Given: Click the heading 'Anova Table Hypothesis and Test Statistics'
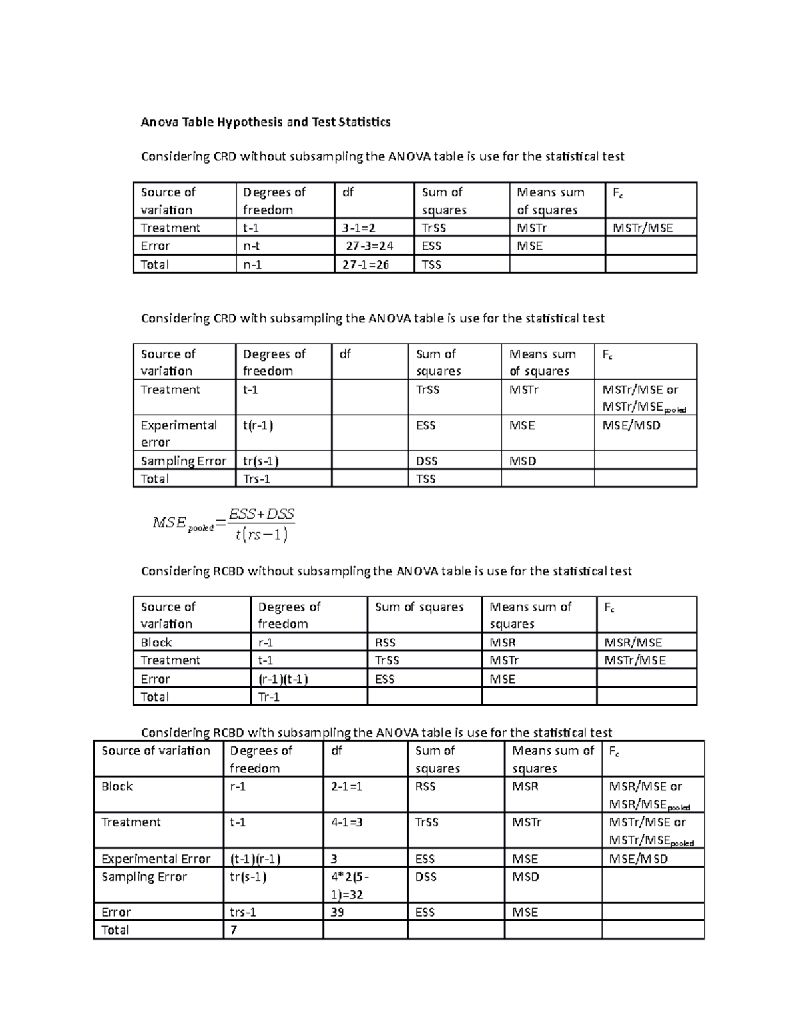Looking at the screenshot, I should click(x=265, y=122).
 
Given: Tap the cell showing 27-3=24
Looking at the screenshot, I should click(x=369, y=246).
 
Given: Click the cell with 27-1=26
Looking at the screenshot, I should click(x=366, y=264).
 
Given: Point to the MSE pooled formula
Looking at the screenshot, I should click(x=224, y=524).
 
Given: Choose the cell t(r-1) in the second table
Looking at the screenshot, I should click(x=258, y=425).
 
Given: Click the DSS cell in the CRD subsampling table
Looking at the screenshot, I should click(x=427, y=461).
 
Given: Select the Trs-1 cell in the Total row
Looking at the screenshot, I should click(x=256, y=479).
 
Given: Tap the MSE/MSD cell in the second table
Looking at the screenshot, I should click(x=631, y=425).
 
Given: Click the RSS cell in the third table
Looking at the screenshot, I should click(x=386, y=643).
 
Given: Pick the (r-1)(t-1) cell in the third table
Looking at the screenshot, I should click(x=282, y=679).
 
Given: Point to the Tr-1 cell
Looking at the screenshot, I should click(x=269, y=697).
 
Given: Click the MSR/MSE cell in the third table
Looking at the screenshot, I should click(x=633, y=643).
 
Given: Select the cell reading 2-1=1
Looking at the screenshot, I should click(x=347, y=786).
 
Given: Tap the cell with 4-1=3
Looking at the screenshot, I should click(x=347, y=822).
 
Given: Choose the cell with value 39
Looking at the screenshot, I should click(x=338, y=912).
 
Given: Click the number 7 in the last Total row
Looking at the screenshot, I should click(x=234, y=930).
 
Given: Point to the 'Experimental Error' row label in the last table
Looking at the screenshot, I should click(x=156, y=859).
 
